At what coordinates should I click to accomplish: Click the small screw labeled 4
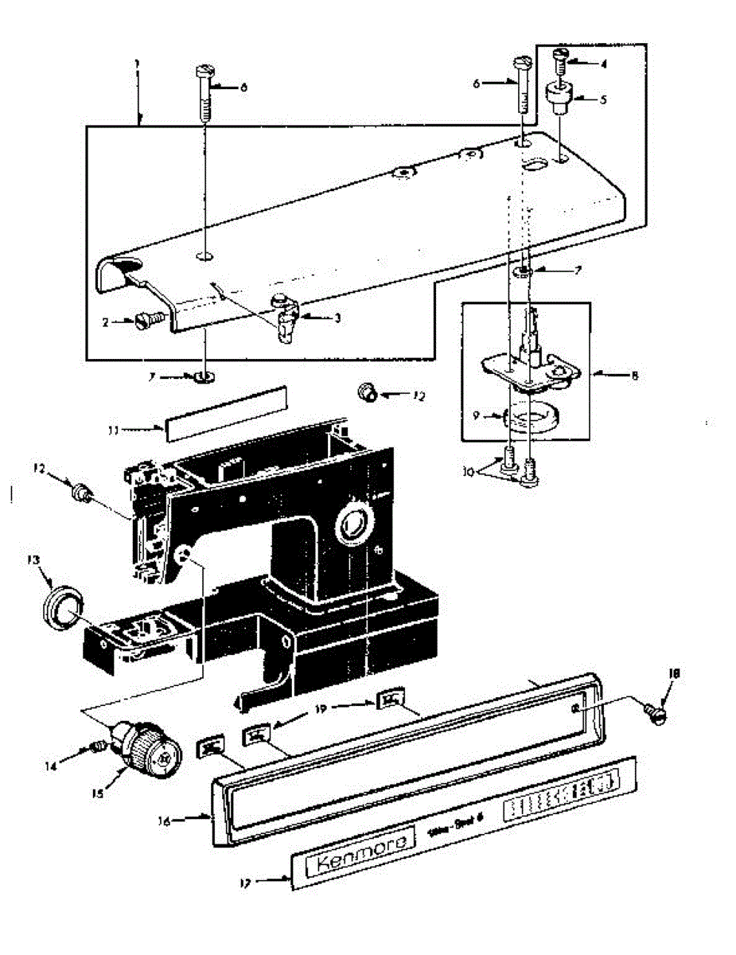click(x=560, y=57)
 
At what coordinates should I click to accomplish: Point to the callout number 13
click(x=33, y=559)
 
